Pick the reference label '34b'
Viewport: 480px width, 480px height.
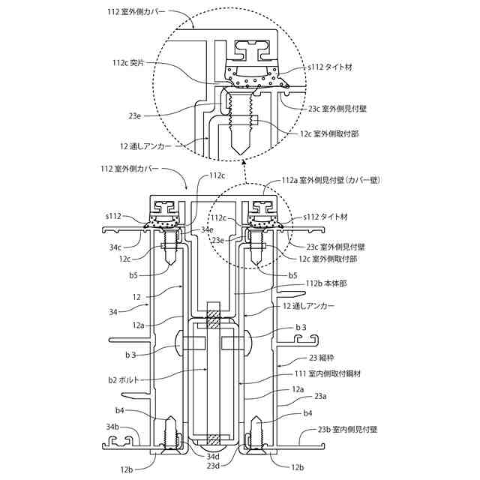pos(113,427)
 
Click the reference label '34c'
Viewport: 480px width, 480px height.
pos(115,246)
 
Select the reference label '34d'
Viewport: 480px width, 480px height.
pos(213,456)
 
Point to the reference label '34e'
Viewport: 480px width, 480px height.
pos(207,229)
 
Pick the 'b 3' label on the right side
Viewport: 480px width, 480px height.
pos(301,328)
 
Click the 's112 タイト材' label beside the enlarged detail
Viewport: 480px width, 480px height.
pos(330,67)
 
